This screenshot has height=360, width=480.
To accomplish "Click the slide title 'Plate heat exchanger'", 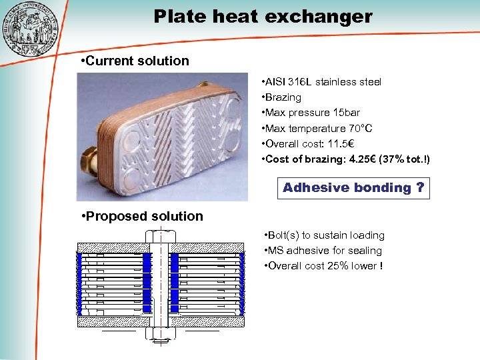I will (x=263, y=16).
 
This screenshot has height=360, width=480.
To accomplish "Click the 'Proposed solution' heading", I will (x=141, y=216).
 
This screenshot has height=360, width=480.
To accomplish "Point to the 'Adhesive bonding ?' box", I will (x=353, y=188).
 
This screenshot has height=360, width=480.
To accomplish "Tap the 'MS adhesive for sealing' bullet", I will (x=323, y=251).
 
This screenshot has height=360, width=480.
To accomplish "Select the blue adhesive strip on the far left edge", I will (x=79, y=283).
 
